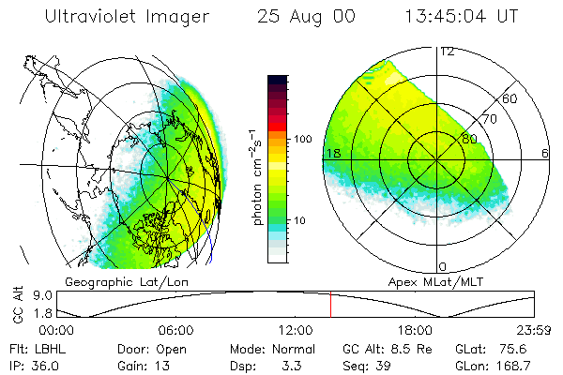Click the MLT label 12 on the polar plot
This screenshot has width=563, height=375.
click(448, 52)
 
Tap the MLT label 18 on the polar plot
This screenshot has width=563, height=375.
click(331, 153)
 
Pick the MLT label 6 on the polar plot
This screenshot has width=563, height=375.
click(545, 153)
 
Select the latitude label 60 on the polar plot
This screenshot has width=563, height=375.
click(510, 98)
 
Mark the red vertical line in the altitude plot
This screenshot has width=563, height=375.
click(330, 305)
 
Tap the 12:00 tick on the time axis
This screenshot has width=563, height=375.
click(295, 330)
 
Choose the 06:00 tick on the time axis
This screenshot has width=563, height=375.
click(176, 330)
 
